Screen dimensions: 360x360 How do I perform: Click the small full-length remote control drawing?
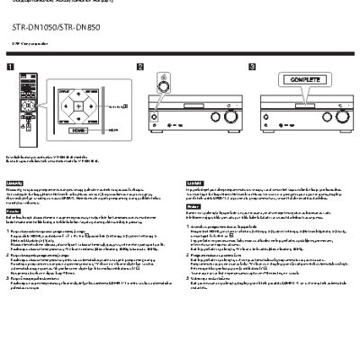[17, 103]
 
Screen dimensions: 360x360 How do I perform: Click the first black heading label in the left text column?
[13, 183]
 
